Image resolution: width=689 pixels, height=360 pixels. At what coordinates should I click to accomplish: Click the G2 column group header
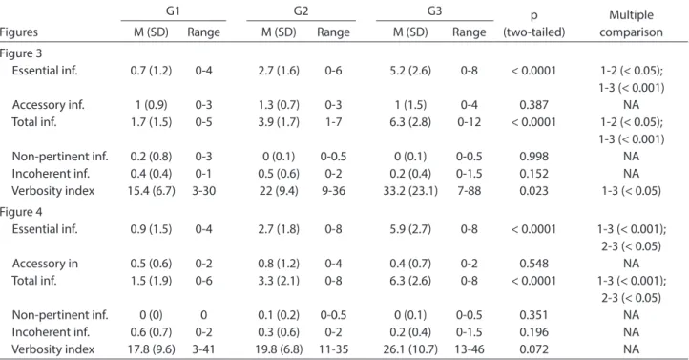coord(301,11)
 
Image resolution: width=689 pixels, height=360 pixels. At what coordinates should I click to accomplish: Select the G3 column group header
coord(434,11)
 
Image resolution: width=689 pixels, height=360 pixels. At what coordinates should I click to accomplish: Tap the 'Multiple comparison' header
coord(631,23)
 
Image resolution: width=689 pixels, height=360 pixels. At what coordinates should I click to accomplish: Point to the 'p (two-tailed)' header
coord(533,23)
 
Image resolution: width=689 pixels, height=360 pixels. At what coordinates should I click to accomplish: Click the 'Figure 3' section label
coord(21,53)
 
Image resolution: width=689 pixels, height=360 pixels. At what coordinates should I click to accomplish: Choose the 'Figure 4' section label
coord(21,212)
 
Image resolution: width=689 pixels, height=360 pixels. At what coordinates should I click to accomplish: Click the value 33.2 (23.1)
coord(410,191)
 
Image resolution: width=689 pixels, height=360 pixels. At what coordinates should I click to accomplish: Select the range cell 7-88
coord(469,191)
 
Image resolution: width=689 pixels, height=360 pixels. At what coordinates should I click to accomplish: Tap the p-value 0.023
coord(533,191)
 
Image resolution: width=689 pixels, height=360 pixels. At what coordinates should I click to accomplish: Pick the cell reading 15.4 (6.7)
coord(151,191)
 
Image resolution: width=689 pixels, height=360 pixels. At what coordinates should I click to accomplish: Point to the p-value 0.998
coord(533,157)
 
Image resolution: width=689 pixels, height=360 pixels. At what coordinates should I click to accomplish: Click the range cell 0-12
coord(469,122)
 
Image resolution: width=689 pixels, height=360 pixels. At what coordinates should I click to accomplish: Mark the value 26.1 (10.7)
coord(410,349)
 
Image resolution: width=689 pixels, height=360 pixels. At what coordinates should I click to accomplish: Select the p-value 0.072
coord(533,349)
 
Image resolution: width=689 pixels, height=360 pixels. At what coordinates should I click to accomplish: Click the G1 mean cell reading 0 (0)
coord(151,315)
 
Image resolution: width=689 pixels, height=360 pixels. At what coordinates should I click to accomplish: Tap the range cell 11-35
coord(333,349)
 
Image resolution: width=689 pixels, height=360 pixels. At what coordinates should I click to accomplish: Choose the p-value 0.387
coord(533,105)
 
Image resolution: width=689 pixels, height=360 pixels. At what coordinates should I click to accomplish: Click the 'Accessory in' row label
coord(45,264)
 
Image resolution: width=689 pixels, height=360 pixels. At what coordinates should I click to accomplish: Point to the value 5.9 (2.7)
coord(410,229)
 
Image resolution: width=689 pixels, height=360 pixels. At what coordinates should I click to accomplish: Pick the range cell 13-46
coord(469,349)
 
